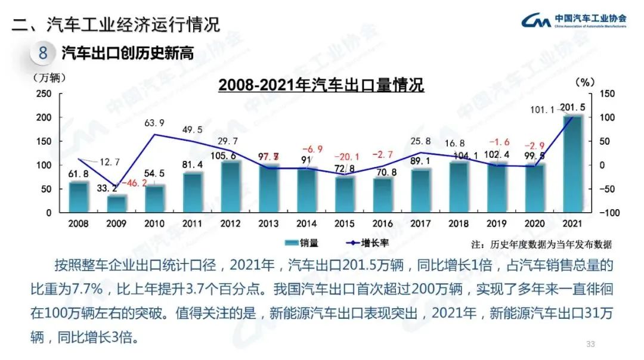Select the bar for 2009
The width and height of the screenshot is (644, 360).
[x=117, y=204]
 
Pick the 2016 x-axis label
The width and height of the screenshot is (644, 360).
[x=383, y=224]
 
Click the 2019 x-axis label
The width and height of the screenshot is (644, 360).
[x=497, y=224]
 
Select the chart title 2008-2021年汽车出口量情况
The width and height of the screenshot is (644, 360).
[x=321, y=85]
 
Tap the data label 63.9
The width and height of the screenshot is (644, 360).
[x=154, y=123]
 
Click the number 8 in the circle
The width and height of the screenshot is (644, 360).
[x=43, y=53]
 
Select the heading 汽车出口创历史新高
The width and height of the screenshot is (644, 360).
[x=128, y=53]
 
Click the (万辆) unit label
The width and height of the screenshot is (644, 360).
[x=49, y=76]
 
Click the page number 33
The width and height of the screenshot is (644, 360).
[x=591, y=343]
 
